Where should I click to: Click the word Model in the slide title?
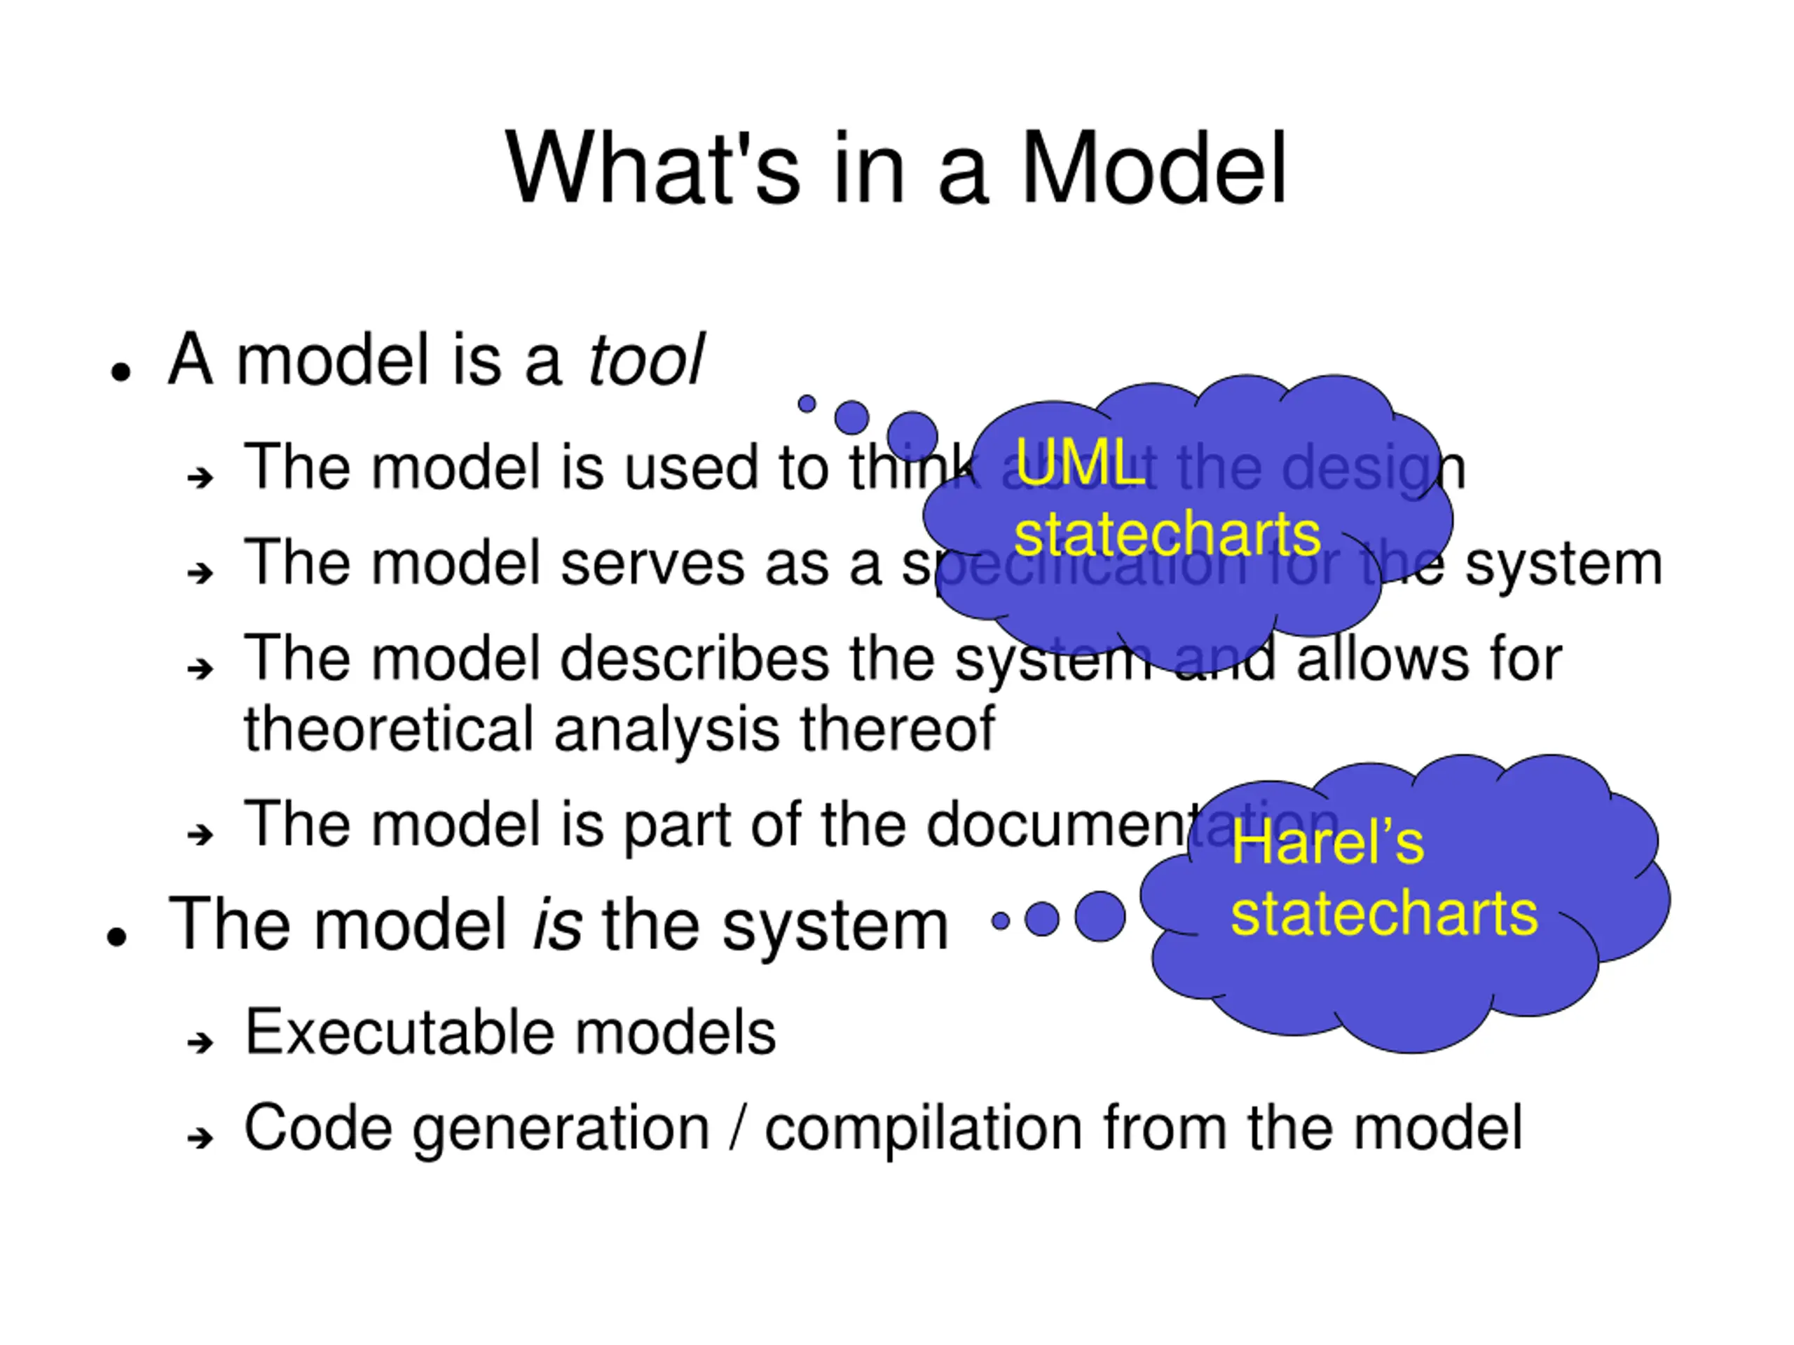(x=1153, y=169)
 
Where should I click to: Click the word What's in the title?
(x=654, y=169)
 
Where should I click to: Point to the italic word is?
(x=557, y=924)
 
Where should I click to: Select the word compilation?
(x=923, y=1128)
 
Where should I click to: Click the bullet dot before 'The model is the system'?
(x=118, y=937)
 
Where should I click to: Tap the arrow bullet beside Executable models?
(x=200, y=1042)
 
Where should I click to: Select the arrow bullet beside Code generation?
(x=200, y=1138)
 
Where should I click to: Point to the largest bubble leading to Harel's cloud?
(x=1100, y=917)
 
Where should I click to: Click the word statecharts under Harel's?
(x=1383, y=913)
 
